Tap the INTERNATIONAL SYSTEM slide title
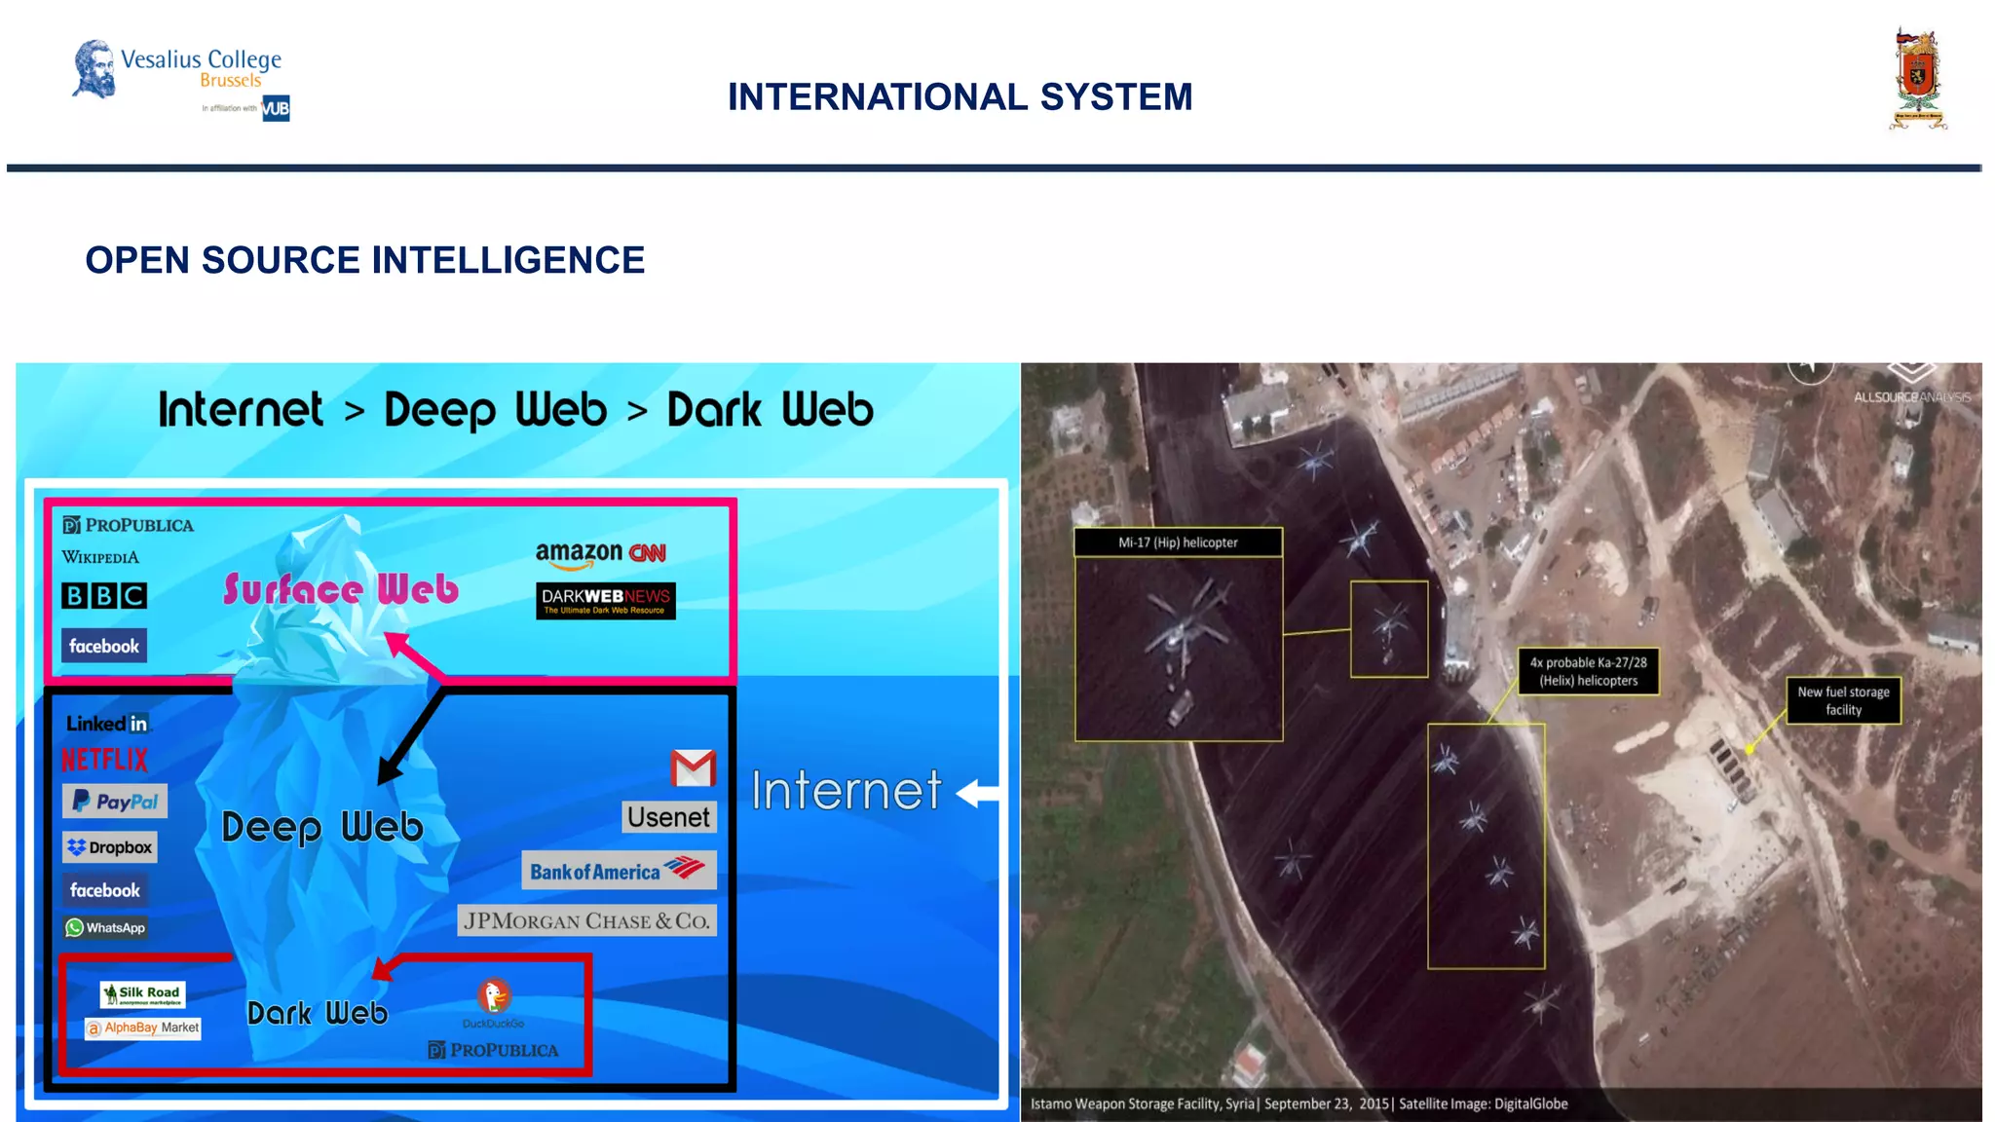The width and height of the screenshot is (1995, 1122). coord(960,97)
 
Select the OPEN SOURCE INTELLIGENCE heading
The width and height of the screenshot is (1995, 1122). coord(364,260)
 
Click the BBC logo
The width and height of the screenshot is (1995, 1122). coord(104,595)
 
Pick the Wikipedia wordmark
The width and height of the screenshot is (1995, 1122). coord(100,557)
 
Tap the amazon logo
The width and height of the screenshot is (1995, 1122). coord(579,554)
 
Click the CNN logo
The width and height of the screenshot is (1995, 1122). coord(648,553)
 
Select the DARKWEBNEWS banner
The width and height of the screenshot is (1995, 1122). coord(605,600)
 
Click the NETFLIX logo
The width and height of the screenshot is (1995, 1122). coord(105,760)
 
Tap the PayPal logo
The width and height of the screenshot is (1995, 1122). coord(115,802)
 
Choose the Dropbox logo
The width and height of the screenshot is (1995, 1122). coord(109,847)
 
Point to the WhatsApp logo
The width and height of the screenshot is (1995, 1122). coord(105,927)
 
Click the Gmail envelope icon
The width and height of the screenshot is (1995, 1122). coord(693,768)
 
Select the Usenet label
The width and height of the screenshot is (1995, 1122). coord(668,817)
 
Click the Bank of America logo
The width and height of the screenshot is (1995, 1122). coord(619,870)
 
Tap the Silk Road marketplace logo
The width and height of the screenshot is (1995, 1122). coord(142,994)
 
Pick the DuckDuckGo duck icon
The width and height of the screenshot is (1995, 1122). coord(494,996)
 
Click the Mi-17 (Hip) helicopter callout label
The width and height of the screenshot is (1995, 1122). coord(1178,542)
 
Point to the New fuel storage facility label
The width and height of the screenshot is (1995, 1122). coord(1843,700)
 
